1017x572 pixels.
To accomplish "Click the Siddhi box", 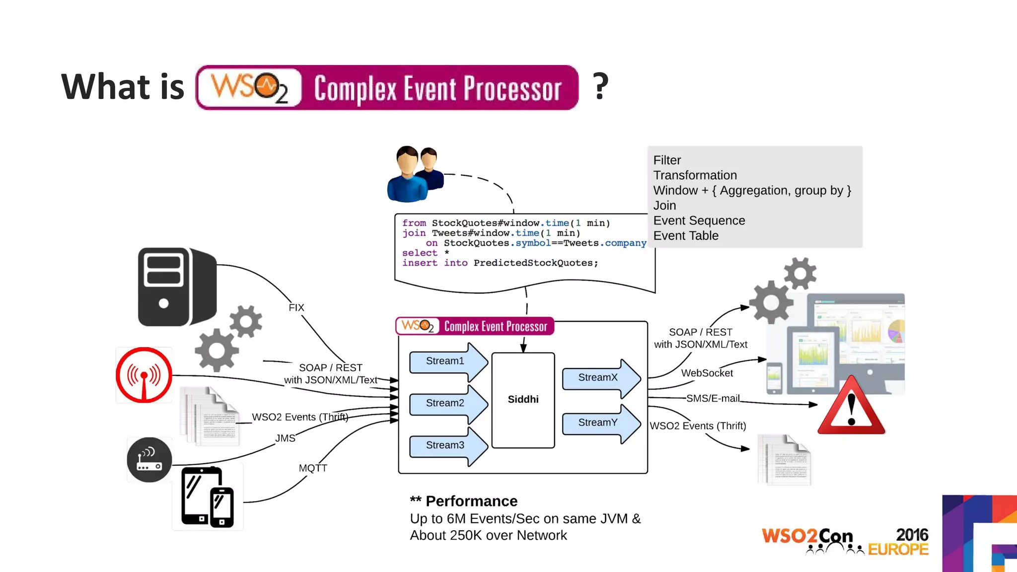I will point(523,400).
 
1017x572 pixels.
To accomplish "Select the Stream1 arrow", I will point(446,361).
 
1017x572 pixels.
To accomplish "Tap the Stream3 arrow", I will point(446,445).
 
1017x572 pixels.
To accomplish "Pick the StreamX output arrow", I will point(599,378).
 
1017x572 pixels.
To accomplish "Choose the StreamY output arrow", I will point(599,423).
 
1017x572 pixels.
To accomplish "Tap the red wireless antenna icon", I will point(144,375).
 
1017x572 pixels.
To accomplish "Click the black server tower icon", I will point(176,287).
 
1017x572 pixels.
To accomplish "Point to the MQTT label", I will point(313,468).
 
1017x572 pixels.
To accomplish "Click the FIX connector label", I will point(296,308).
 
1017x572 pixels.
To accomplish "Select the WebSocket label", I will point(707,373).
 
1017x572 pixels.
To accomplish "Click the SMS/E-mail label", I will point(713,398).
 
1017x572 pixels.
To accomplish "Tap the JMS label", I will point(285,438).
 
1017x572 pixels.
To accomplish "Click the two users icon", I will point(415,174).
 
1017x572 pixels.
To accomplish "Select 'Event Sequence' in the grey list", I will point(699,220).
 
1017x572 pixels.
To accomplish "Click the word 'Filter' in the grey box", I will point(667,160).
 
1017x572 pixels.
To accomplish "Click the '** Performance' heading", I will point(464,501).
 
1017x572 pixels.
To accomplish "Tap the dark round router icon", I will point(149,460).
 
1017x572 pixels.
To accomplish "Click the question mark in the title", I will point(600,86).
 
